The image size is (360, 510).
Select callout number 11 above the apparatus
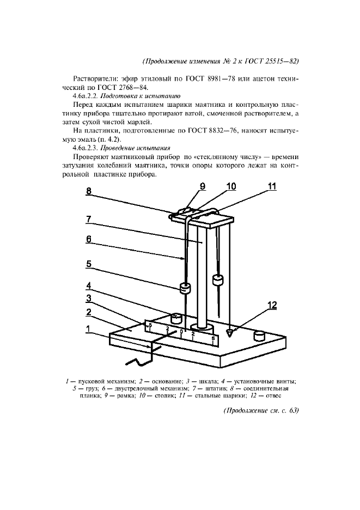click(271, 187)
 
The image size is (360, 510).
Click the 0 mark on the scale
click(181, 331)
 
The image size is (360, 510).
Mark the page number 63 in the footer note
click(293, 410)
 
